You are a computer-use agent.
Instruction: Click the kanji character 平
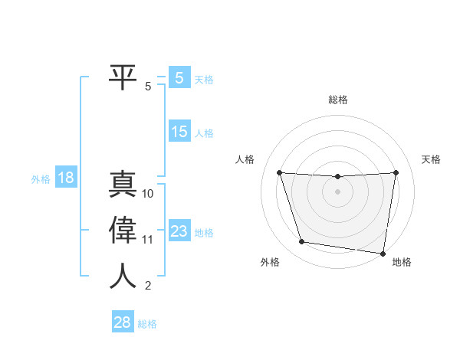[123, 77]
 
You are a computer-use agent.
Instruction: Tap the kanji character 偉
[123, 231]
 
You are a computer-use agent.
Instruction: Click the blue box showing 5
[179, 77]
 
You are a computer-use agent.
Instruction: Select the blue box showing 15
[179, 132]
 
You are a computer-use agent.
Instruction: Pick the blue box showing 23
[179, 231]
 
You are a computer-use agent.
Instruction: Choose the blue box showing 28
[122, 322]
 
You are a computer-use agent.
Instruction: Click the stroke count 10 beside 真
[148, 194]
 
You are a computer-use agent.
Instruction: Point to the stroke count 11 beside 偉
[148, 240]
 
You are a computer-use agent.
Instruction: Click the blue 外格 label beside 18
[41, 179]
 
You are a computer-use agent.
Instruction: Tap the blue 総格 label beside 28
[147, 324]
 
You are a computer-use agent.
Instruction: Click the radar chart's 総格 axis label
[338, 100]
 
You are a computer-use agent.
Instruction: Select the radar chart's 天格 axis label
[432, 159]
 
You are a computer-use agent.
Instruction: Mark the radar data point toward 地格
[383, 252]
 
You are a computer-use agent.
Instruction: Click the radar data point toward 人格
[279, 172]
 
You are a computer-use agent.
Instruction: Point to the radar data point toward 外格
[302, 242]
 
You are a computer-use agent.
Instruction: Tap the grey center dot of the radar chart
[337, 192]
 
